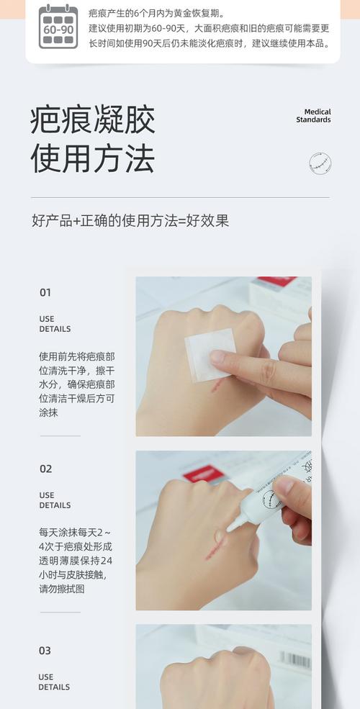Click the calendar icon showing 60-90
point(58,27)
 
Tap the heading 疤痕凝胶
point(92,120)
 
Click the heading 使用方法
point(92,158)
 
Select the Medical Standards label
point(313,116)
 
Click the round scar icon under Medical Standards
point(320,163)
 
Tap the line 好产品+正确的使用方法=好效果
point(130,221)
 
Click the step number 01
point(45,293)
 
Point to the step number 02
point(45,469)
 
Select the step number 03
point(45,651)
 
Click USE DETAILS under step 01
point(55,324)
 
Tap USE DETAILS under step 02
point(55,500)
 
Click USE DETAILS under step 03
point(55,682)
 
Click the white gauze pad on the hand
point(210,354)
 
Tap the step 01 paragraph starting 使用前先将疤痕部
point(76,384)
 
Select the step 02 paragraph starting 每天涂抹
point(76,561)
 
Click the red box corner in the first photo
point(277,281)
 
